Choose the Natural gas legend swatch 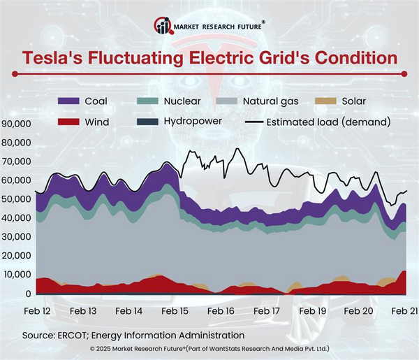coord(229,102)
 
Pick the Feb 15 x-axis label coord(175,310)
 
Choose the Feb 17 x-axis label coord(266,310)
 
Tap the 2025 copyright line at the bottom coord(209,348)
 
